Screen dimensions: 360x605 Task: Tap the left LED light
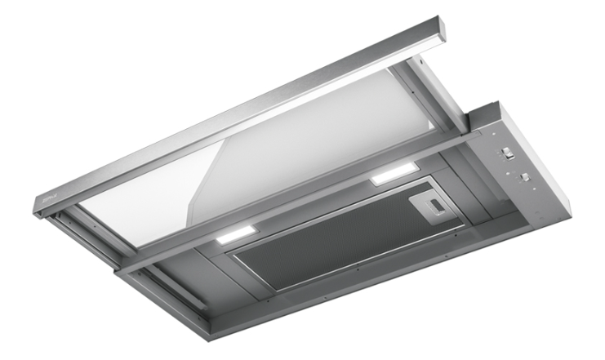(238, 236)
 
